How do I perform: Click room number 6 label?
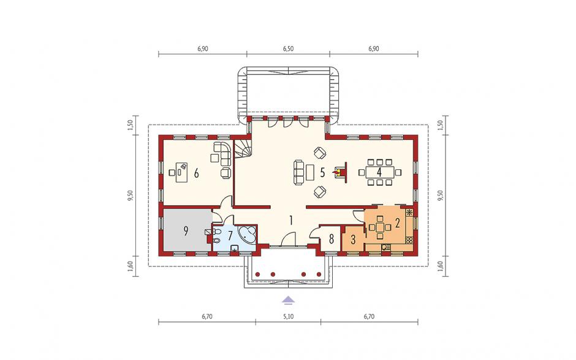click(x=197, y=173)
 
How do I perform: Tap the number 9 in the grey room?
click(x=186, y=231)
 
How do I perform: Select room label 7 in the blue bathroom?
click(x=230, y=235)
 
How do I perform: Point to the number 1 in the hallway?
click(x=290, y=220)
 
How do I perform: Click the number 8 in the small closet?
click(x=332, y=239)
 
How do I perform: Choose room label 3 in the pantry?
click(x=353, y=240)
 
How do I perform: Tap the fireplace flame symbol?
click(x=336, y=171)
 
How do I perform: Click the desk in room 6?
click(x=181, y=172)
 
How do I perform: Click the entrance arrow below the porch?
click(x=289, y=300)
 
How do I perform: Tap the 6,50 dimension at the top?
click(x=288, y=48)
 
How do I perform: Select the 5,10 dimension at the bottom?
click(x=288, y=316)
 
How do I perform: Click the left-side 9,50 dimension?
click(x=130, y=195)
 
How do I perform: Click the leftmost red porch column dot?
click(x=257, y=274)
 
